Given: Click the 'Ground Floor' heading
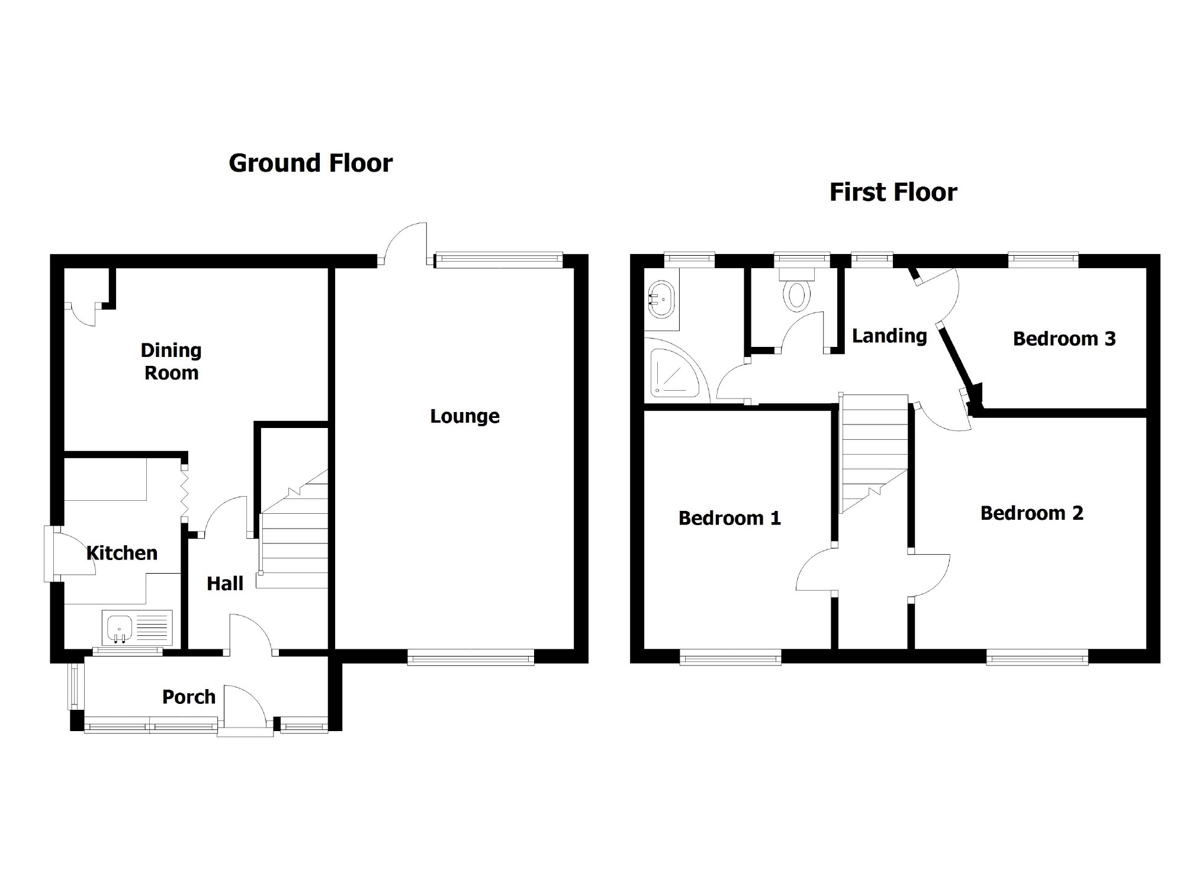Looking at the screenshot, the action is coord(310,163).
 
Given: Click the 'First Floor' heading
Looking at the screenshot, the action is coord(893,192).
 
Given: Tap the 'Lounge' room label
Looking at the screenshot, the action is coord(464,416).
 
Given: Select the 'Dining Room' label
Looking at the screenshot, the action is coord(171,362).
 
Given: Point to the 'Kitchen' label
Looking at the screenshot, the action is coord(122,553).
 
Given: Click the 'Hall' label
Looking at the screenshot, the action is coord(225,584).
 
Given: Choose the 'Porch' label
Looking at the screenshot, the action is coord(189,697).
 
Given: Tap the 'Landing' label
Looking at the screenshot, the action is coord(889,336).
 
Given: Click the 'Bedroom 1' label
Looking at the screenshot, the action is coord(729,519).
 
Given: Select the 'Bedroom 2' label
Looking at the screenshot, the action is coord(1031,513).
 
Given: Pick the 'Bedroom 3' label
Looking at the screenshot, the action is coord(1064,339).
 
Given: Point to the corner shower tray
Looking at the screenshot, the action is coord(675,371).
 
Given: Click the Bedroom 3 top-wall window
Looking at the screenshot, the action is coord(1043,258).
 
